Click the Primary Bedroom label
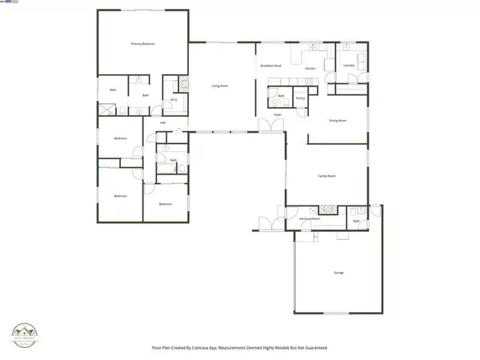[x=142, y=44]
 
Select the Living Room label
[x=220, y=85]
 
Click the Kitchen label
[x=310, y=69]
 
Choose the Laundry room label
[x=349, y=65]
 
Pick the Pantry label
[x=300, y=98]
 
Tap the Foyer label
[x=278, y=115]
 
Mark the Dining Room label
[x=338, y=121]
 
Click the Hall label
[x=162, y=122]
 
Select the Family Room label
[x=326, y=175]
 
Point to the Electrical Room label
[x=309, y=218]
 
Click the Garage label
[x=338, y=273]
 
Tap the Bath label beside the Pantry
[x=282, y=95]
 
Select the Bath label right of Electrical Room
[x=357, y=221]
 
